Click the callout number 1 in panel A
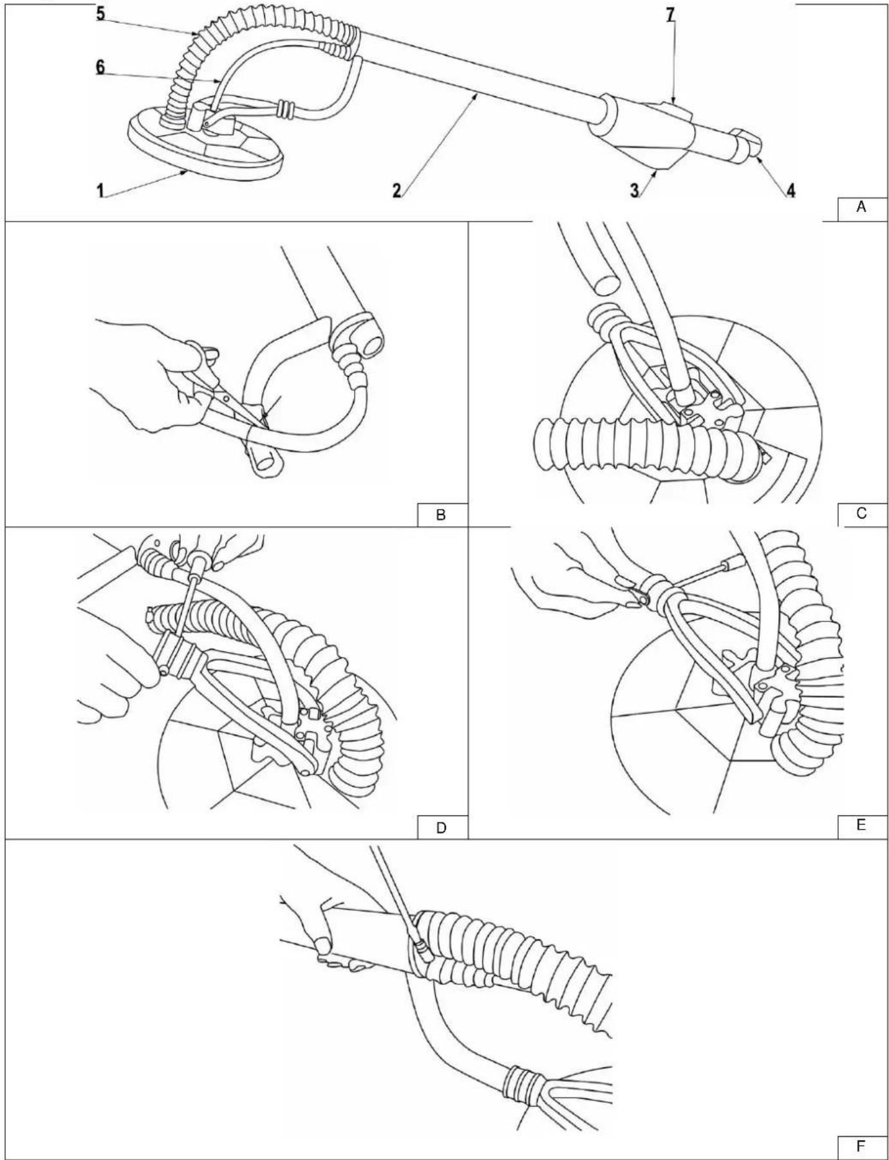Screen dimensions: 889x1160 coord(100,191)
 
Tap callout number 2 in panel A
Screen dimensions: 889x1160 coord(397,191)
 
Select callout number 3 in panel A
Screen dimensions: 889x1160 coord(635,191)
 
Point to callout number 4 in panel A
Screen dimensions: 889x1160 coord(790,191)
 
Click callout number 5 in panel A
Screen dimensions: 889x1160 coord(101,14)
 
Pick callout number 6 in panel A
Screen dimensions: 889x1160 coord(101,67)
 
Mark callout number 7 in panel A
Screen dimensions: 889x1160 coord(669,14)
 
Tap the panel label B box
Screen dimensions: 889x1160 coord(442,515)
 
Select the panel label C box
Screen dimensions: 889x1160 coord(863,515)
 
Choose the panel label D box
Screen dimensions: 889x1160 coord(442,827)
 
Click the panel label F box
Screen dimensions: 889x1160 coord(863,1146)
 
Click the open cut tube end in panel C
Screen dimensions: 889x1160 coord(603,281)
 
